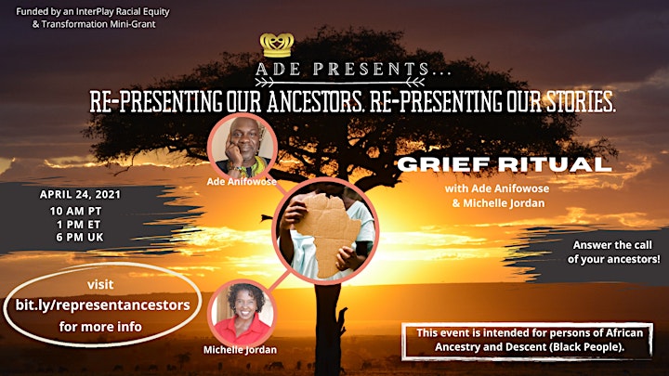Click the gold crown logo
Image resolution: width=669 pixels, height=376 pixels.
point(277,45)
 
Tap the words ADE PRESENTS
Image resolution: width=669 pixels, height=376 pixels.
point(353,69)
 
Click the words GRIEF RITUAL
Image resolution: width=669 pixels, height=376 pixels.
point(505,164)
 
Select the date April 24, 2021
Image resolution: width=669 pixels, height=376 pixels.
point(80,194)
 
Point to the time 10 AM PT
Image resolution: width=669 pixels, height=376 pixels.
point(75,211)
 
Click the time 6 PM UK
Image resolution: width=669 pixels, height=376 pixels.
point(80,237)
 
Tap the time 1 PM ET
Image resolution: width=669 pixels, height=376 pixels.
point(78,225)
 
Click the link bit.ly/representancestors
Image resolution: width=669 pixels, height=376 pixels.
point(103,305)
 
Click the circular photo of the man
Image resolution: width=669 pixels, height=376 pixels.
point(243,147)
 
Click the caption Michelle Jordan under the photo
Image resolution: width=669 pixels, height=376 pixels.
point(240,350)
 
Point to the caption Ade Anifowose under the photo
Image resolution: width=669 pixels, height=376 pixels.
point(242,182)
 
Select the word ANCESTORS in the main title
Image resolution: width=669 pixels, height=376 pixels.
point(316,102)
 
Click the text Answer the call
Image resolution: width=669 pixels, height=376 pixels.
point(612,245)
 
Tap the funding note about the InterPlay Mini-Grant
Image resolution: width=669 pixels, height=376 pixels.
point(93,18)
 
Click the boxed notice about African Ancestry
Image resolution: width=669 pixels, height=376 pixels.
point(527,341)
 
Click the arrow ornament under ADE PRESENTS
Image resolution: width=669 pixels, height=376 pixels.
point(340,82)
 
